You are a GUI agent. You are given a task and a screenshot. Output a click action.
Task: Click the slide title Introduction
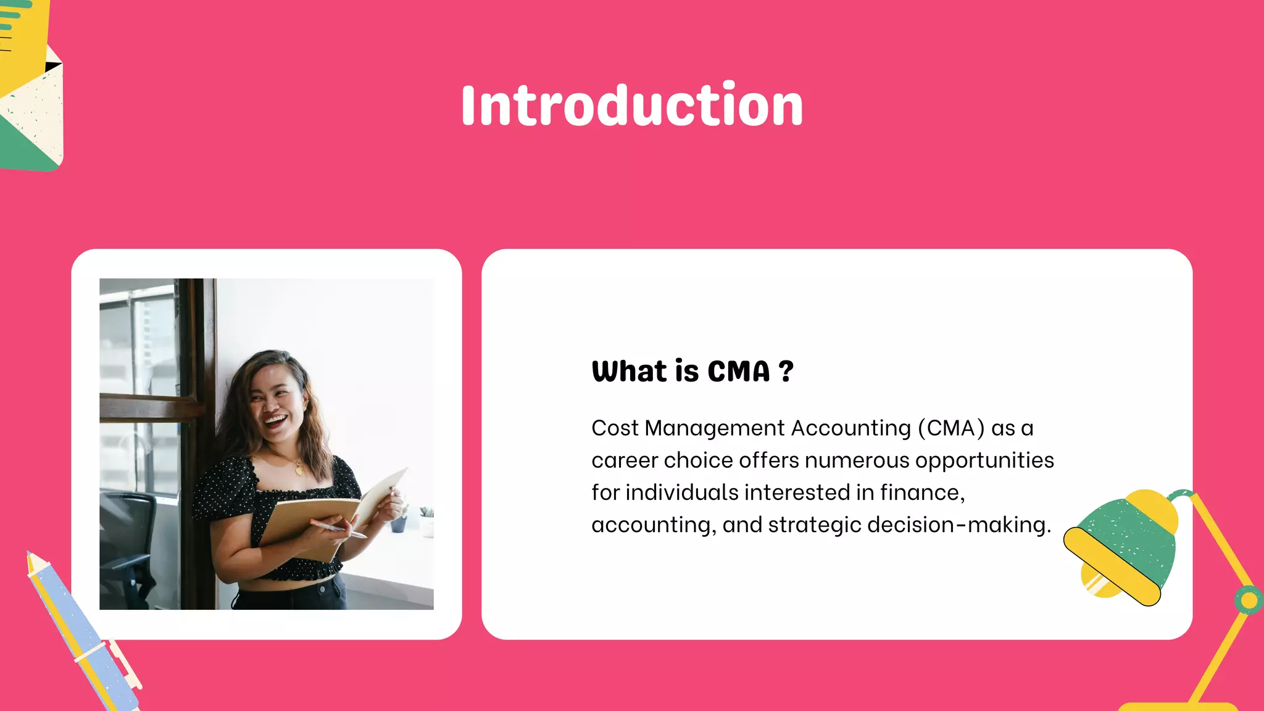click(632, 106)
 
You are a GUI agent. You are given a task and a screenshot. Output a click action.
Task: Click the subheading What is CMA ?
click(692, 372)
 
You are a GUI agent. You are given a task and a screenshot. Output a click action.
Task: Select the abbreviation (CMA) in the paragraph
click(951, 428)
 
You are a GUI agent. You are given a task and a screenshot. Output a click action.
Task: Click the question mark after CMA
click(786, 372)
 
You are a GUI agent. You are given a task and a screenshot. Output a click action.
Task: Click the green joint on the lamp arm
click(1249, 599)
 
